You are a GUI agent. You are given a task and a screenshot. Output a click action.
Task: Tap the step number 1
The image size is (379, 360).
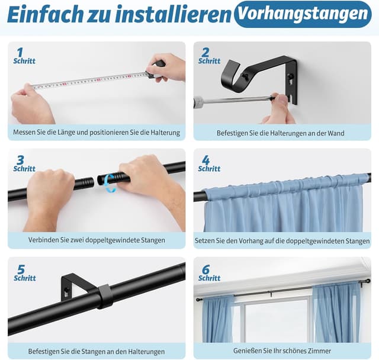(20, 52)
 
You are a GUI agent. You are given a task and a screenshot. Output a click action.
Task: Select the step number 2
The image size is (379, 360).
(205, 52)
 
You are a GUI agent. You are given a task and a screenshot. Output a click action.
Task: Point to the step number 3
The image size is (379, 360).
(20, 160)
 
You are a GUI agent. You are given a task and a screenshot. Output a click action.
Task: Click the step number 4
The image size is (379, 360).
(205, 160)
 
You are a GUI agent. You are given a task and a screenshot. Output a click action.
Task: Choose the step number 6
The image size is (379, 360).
(205, 269)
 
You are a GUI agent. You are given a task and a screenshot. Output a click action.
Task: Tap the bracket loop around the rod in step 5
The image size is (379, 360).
(105, 295)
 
